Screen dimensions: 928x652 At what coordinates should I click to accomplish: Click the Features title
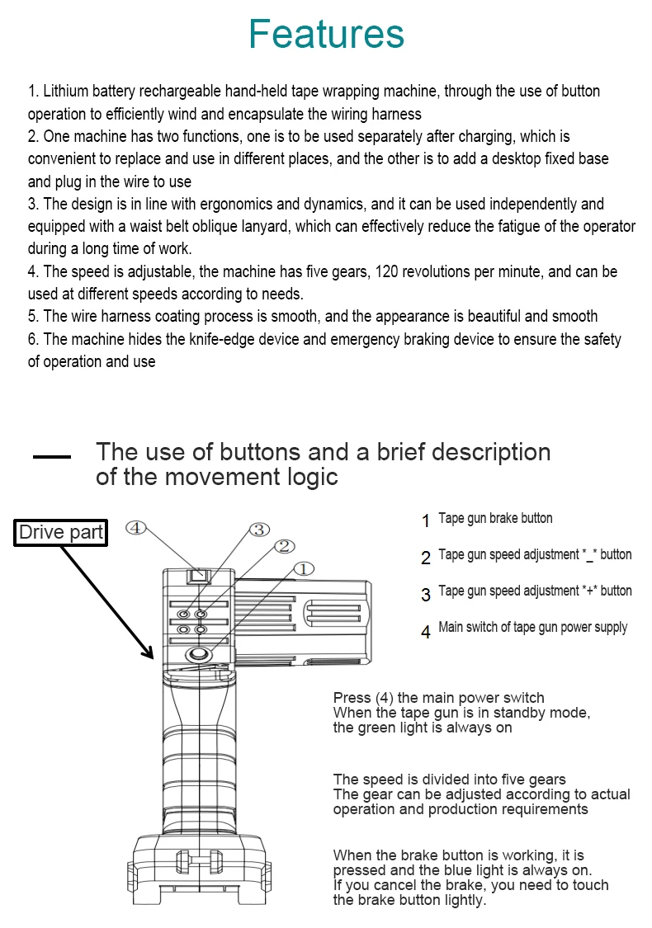[326, 35]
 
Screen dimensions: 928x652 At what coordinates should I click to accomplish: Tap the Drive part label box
[61, 533]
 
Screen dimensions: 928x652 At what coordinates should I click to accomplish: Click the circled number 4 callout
[137, 527]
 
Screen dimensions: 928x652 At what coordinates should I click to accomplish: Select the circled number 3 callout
[259, 529]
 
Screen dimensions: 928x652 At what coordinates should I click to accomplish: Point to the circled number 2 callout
[282, 546]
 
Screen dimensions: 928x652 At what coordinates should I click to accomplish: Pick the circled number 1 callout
[303, 568]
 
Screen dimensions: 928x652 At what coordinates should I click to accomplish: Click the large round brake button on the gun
[197, 654]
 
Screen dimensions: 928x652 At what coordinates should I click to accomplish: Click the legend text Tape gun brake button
[495, 519]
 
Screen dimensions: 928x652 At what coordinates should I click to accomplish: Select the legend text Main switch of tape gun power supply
[532, 628]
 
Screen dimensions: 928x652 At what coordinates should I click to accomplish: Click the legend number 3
[426, 595]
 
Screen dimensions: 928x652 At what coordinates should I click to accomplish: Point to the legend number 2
[426, 558]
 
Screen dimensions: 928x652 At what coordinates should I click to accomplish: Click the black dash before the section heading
[51, 456]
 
